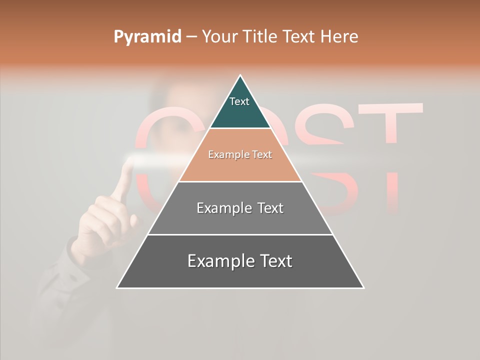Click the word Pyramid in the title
(147, 37)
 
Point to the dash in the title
(191, 37)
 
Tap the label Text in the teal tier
(239, 101)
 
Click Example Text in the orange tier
(240, 155)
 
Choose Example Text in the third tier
(240, 208)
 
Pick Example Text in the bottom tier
(240, 261)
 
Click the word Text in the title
(299, 36)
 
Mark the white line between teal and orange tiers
(240, 128)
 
